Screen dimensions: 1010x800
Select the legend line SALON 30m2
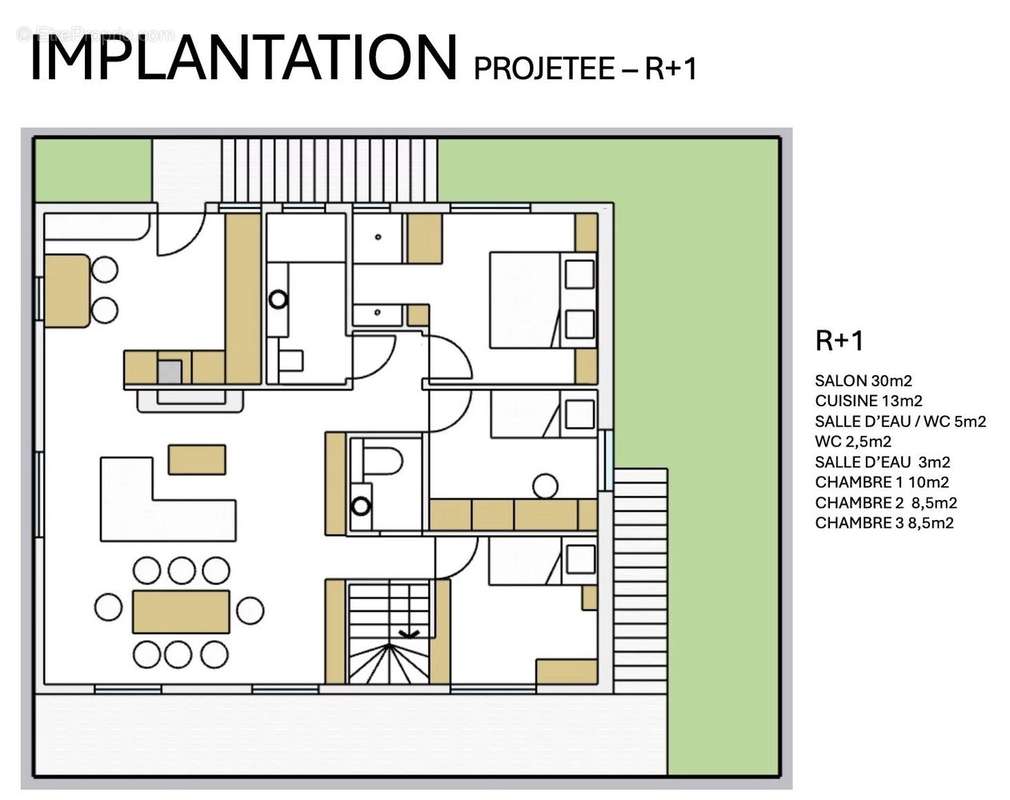click(863, 381)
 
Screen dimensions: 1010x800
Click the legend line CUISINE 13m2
click(868, 401)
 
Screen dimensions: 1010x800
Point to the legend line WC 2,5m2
click(853, 441)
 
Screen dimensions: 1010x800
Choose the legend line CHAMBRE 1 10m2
click(881, 482)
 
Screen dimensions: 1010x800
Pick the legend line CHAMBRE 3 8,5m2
click(884, 522)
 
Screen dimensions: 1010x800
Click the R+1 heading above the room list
click(839, 341)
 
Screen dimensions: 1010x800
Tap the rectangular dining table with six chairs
click(181, 611)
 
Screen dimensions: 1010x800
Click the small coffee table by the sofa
click(197, 459)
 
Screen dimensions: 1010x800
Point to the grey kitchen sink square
click(169, 372)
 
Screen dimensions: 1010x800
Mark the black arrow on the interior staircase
click(409, 634)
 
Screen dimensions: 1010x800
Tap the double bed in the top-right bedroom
click(543, 300)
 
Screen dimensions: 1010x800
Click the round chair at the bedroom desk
click(546, 486)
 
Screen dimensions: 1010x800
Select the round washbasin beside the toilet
click(361, 507)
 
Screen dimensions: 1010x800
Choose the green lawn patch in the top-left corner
click(93, 171)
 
